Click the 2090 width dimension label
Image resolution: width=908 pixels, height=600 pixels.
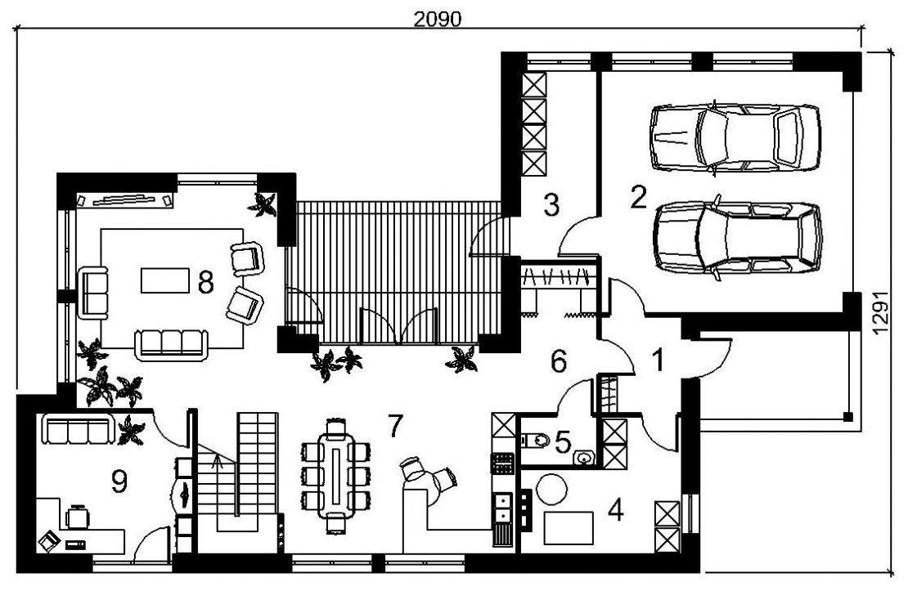click(437, 19)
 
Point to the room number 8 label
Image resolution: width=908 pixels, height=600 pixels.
click(205, 282)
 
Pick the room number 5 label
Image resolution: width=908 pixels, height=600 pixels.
click(562, 442)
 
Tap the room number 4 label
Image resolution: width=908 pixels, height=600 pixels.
click(616, 510)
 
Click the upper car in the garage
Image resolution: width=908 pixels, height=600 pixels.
click(735, 137)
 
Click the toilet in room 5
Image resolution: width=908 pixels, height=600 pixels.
click(535, 441)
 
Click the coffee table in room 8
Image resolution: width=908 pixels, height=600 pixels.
click(165, 280)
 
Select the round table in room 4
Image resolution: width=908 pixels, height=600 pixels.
click(551, 490)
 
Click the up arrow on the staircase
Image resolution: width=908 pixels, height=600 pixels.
click(218, 461)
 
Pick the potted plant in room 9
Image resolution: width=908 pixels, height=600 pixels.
click(131, 431)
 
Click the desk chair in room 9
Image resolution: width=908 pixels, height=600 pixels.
click(77, 517)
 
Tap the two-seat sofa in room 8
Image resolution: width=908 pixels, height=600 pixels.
click(93, 293)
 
